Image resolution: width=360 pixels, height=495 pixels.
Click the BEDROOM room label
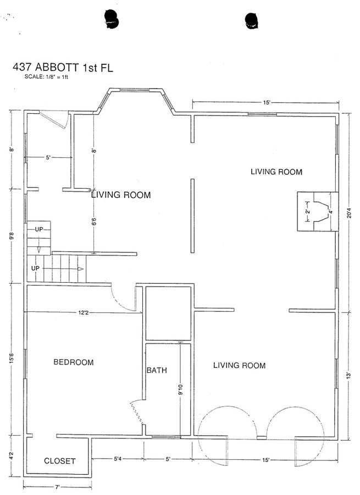click(74, 362)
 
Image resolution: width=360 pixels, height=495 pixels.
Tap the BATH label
click(157, 370)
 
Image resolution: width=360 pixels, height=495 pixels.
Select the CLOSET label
click(59, 461)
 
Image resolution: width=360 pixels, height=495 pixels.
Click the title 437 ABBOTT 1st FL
click(63, 68)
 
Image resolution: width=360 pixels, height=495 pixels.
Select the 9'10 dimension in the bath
click(180, 389)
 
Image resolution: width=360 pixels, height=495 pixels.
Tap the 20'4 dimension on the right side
click(349, 215)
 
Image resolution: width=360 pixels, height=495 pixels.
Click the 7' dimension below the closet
click(57, 487)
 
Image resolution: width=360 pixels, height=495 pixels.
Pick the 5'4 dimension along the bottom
click(118, 459)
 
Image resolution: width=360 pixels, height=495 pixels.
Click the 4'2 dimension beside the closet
click(12, 457)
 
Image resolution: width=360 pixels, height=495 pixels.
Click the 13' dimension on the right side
click(348, 375)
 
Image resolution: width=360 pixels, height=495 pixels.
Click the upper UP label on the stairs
click(39, 229)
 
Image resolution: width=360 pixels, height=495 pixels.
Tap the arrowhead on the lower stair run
click(80, 269)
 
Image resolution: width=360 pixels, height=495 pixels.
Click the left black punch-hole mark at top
click(112, 19)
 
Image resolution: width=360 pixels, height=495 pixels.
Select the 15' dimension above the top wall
click(267, 102)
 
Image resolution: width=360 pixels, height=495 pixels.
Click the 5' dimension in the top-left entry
click(48, 157)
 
